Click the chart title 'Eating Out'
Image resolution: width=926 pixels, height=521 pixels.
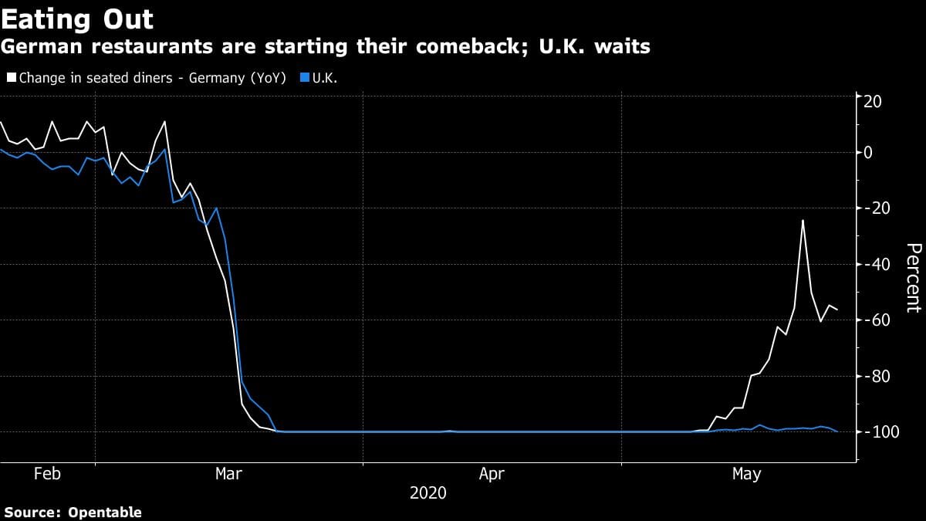point(77,19)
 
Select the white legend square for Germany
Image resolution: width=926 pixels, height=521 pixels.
point(12,78)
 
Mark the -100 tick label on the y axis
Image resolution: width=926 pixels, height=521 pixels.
point(879,431)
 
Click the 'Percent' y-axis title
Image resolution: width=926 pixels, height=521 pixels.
point(913,278)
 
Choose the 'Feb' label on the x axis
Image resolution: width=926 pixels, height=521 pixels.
point(47,473)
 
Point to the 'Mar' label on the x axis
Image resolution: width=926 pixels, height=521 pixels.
point(228,473)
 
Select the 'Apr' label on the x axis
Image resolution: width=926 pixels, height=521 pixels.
point(492,473)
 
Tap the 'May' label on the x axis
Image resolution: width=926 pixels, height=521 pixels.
point(745,473)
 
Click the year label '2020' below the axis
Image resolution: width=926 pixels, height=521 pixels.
point(428,492)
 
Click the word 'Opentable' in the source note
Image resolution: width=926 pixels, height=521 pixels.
point(104,512)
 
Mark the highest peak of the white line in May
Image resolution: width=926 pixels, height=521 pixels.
point(803,221)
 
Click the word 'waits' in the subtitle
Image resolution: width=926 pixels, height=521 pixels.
point(621,47)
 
